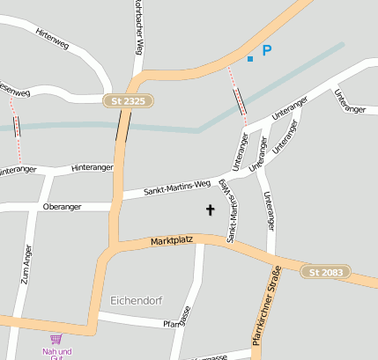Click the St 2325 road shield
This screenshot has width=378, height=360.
[128, 101]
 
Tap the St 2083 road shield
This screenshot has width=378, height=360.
[325, 272]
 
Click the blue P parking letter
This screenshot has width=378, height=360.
[266, 52]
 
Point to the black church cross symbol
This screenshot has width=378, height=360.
[211, 209]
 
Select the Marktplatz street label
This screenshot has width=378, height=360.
[170, 240]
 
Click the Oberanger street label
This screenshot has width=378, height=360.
[62, 207]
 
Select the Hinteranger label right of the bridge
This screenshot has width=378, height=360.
[93, 167]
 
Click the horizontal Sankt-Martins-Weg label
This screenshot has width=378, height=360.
[177, 187]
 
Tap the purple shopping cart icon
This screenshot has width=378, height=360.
[56, 339]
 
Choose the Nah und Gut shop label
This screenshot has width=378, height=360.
[56, 354]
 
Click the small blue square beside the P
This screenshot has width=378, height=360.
[250, 58]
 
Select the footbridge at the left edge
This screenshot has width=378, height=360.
[17, 125]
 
